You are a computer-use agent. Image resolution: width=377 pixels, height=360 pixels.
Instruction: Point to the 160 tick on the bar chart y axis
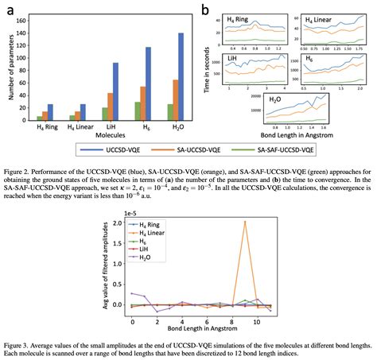(x=25, y=19)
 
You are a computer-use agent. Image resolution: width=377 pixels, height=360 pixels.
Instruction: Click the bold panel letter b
(x=205, y=10)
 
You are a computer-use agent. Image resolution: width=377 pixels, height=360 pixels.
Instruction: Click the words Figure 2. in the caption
(x=20, y=169)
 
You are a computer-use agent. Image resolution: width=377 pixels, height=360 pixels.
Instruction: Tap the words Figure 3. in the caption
(x=20, y=346)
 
